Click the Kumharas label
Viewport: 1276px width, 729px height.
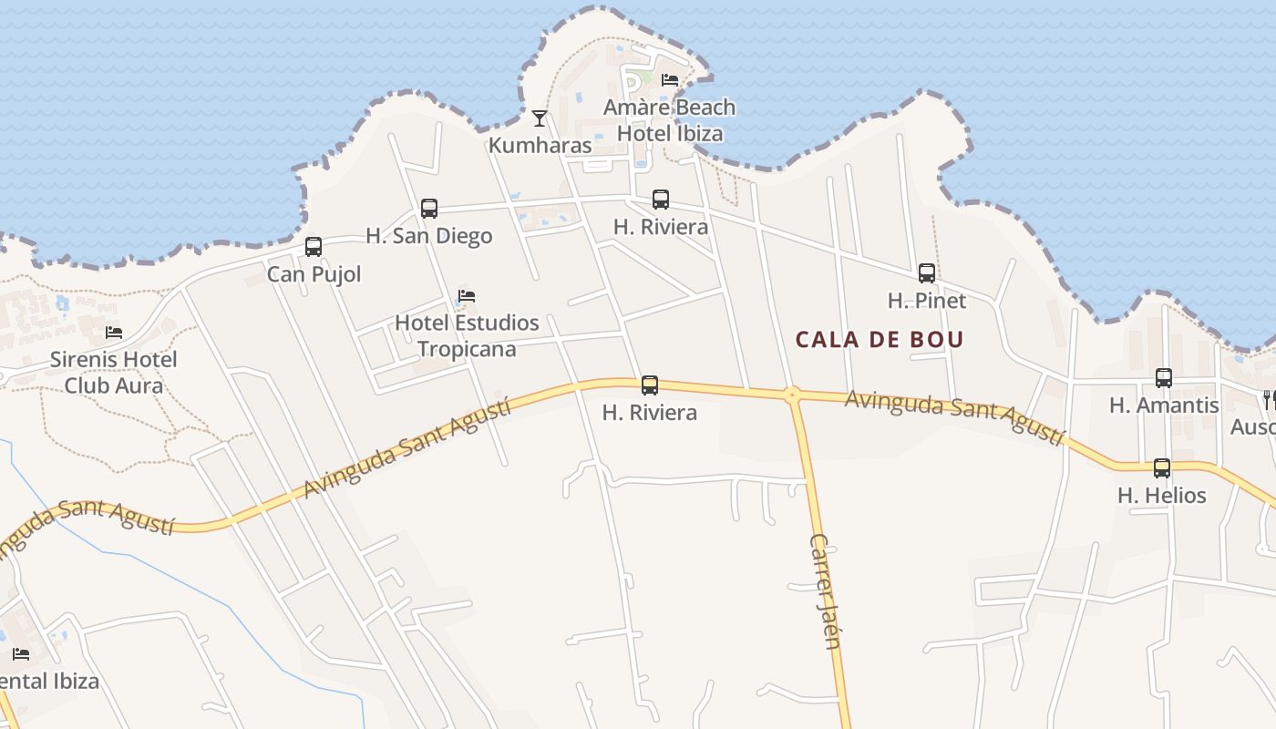coord(540,145)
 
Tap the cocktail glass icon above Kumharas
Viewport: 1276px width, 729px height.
coord(540,118)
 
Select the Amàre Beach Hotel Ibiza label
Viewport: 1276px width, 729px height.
coord(670,120)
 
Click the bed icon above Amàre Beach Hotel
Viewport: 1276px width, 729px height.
coord(670,80)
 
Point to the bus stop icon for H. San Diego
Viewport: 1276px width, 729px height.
coord(429,209)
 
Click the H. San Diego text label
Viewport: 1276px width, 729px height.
coord(429,236)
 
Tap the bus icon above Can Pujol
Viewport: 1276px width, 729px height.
coord(314,247)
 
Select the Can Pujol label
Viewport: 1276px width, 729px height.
coord(314,274)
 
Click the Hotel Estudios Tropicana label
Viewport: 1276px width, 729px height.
coord(467,335)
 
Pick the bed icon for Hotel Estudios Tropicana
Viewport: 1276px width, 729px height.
coord(467,296)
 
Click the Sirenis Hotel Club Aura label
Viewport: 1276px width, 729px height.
coord(114,372)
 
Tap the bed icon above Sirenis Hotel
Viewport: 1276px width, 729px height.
coord(114,333)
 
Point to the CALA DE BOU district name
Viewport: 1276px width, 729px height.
coord(880,340)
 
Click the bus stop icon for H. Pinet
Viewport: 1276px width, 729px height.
coord(927,273)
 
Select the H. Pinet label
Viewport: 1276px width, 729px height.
coord(927,301)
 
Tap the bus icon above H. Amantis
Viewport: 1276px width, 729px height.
coord(1164,378)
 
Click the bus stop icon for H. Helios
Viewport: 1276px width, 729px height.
coord(1162,468)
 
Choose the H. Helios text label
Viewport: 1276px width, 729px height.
coord(1162,496)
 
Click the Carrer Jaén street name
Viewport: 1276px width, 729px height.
coord(825,590)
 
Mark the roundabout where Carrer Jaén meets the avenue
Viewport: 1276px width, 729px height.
coord(792,395)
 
